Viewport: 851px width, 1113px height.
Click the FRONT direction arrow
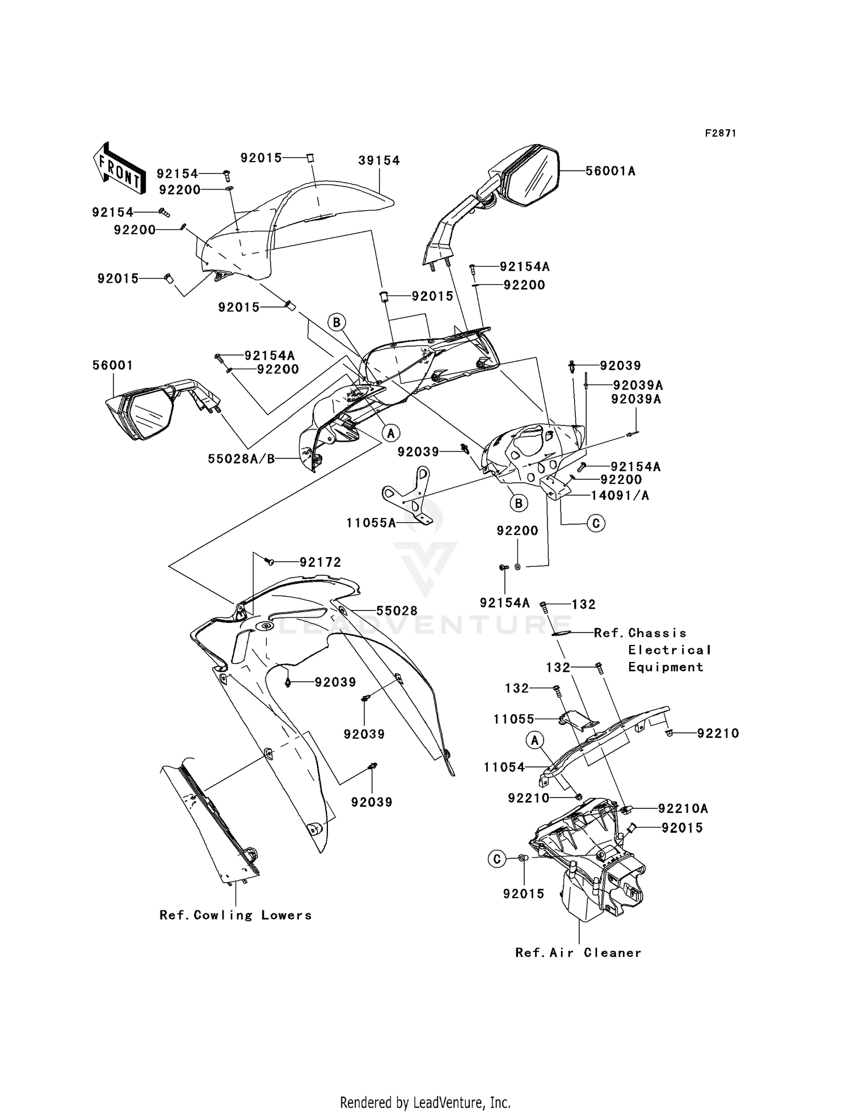pos(118,168)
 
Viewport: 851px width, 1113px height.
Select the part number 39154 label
pos(379,161)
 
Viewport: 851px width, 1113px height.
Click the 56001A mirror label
pos(610,171)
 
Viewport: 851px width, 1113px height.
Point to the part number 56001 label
pos(112,365)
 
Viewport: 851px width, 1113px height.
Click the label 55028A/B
pos(241,458)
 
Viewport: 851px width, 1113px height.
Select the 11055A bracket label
pos(371,522)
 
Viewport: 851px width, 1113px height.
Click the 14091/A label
pos(620,495)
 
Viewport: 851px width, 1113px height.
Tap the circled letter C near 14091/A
pos(596,523)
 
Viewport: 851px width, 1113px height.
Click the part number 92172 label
pos(321,562)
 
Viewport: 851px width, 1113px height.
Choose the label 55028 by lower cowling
pos(397,610)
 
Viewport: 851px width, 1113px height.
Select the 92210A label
pos(683,808)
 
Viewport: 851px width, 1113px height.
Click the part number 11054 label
pos(504,768)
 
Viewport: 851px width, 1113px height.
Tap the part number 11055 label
pos(513,719)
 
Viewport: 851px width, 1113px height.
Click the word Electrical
pos(669,650)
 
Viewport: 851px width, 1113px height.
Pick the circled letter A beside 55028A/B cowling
pos(390,433)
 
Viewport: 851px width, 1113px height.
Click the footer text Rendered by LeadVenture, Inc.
pos(425,1102)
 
